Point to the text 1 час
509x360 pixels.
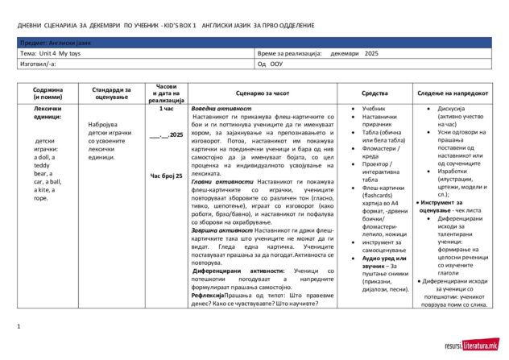pos(167,108)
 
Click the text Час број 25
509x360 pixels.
pos(167,175)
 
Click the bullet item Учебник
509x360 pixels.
pos(373,108)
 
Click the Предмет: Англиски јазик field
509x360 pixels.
pos(56,41)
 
